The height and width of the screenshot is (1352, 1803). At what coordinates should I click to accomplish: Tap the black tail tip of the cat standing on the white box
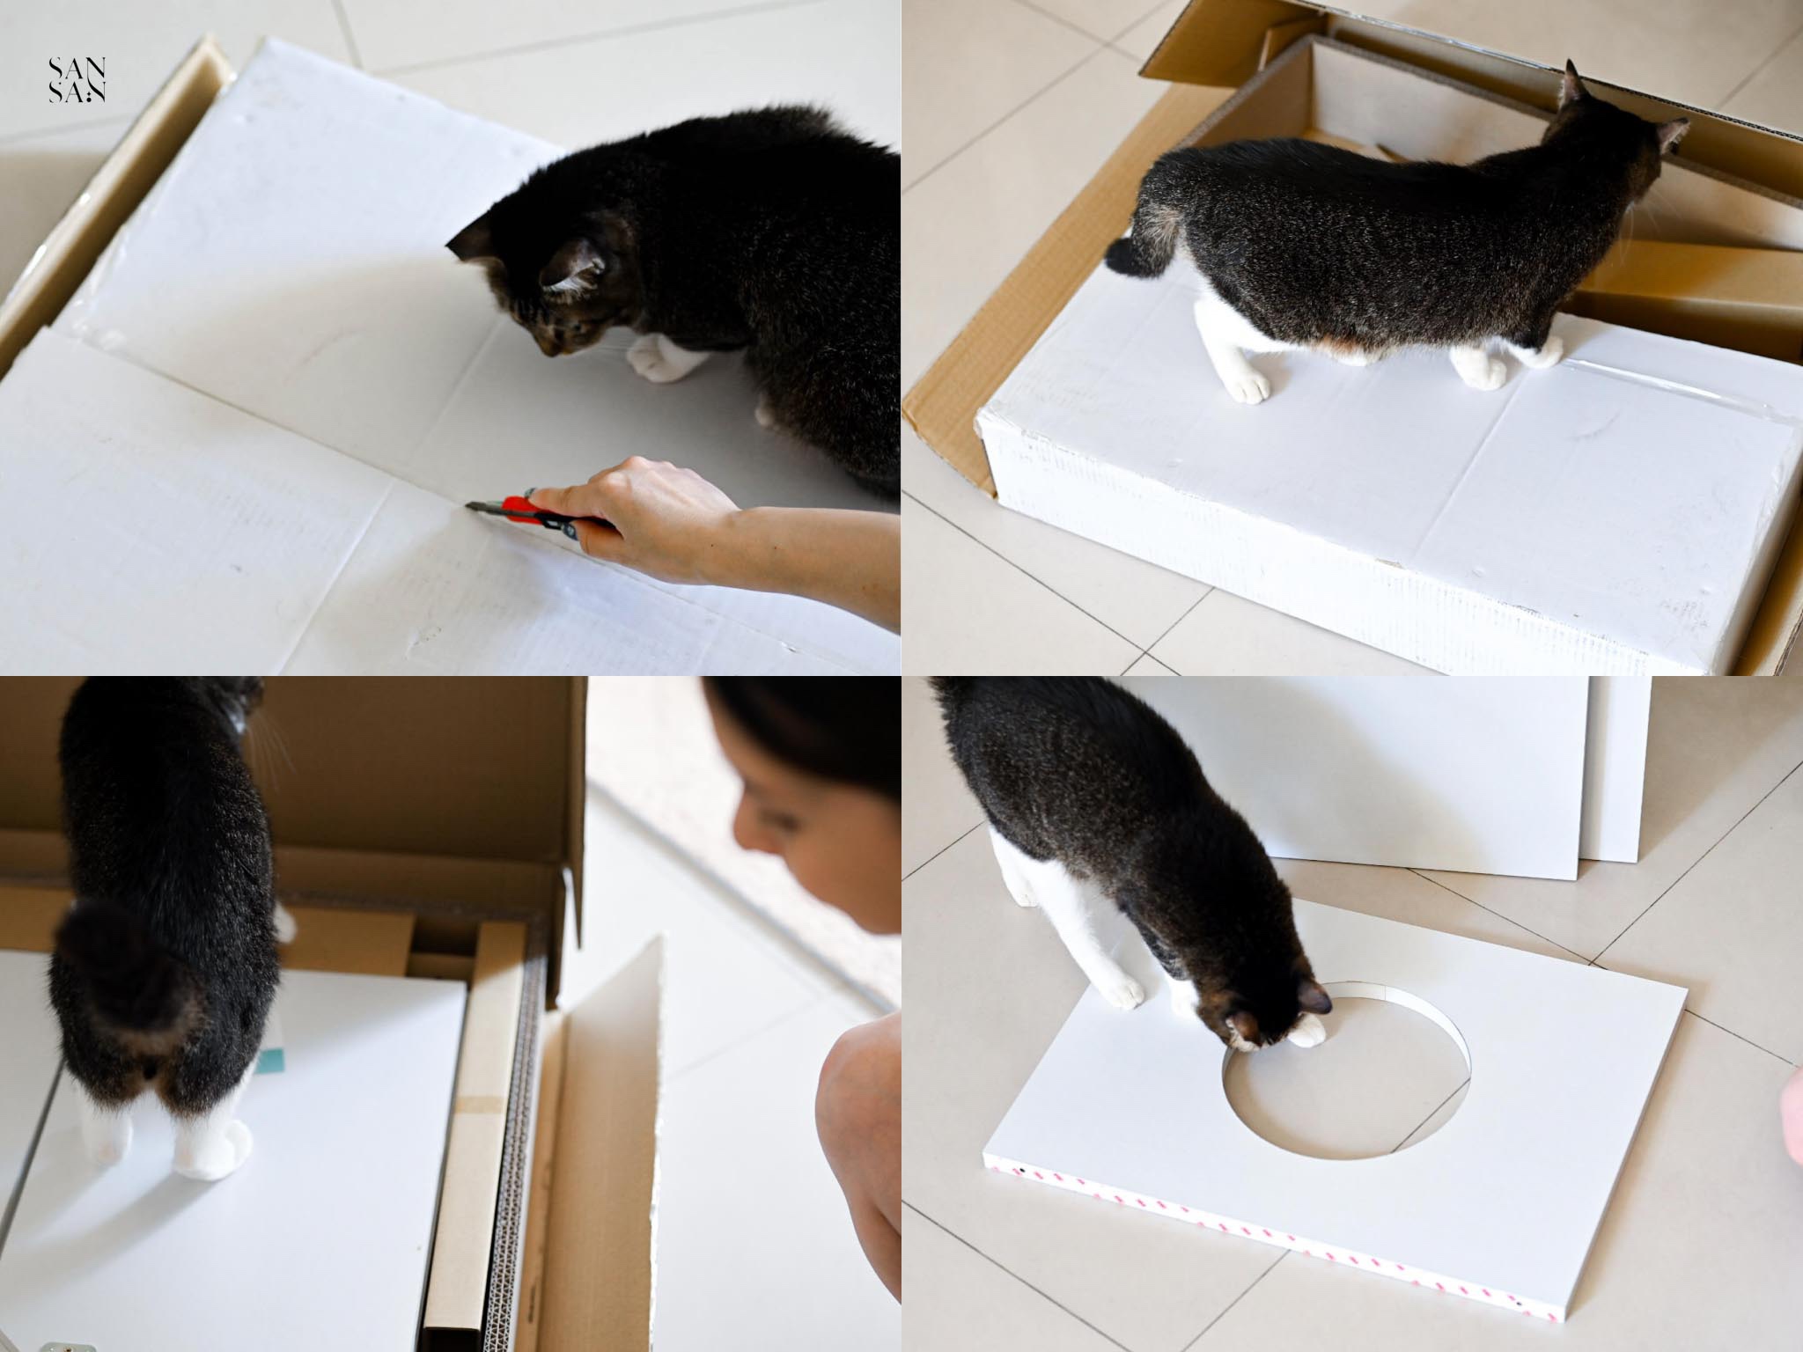point(1126,257)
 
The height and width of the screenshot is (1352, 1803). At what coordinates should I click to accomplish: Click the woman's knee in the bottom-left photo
point(858,1083)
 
